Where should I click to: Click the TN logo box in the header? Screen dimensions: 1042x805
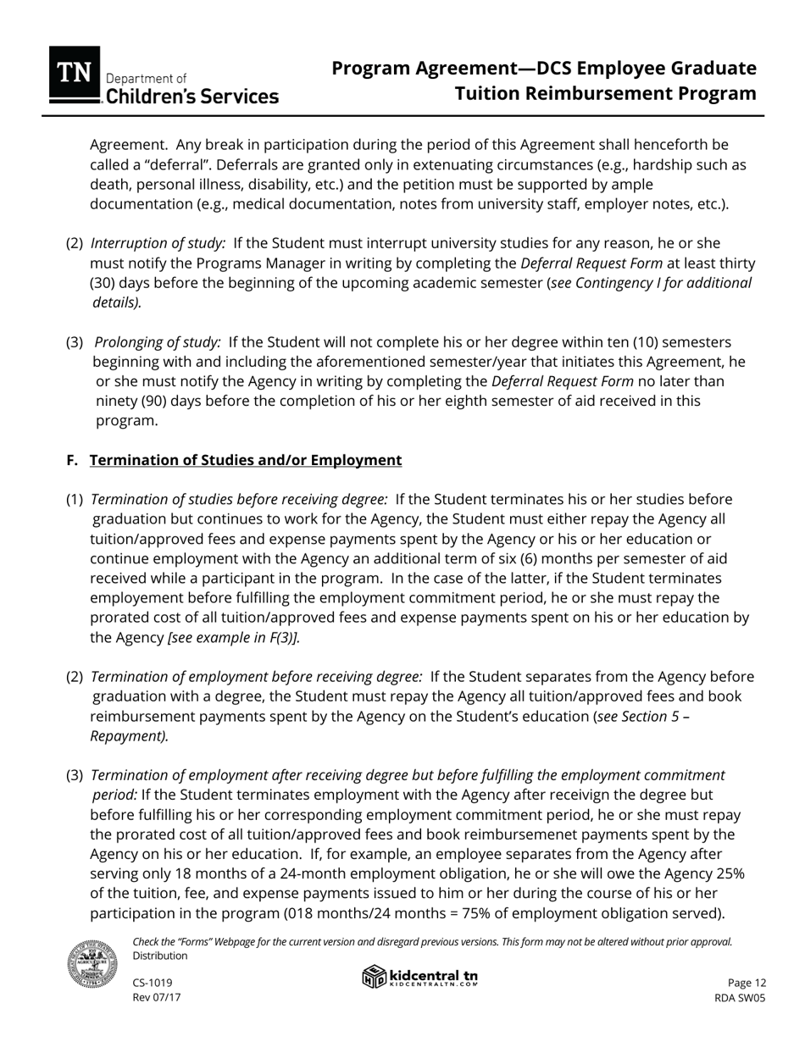75,74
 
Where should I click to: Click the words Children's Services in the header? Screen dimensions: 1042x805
191,97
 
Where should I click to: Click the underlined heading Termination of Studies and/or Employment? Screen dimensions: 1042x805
246,460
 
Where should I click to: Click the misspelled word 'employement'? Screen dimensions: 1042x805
138,598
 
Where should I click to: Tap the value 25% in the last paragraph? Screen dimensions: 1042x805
728,873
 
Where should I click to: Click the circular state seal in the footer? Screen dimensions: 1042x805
92,963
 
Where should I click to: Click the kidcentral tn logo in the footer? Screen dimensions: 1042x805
420,977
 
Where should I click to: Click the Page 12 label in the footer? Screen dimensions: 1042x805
747,983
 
